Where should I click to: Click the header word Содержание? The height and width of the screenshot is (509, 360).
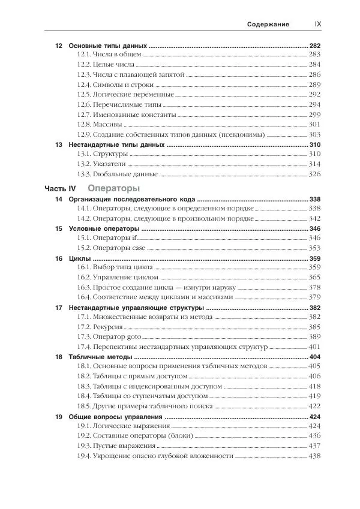tap(268, 25)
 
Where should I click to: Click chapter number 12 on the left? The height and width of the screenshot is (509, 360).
tap(58, 46)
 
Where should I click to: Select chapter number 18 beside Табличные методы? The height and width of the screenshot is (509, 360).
tap(58, 357)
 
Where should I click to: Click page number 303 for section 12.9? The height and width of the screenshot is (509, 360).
tap(314, 134)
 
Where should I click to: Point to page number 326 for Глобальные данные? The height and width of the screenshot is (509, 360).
tap(314, 174)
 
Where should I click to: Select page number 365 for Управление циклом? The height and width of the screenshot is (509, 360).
tap(314, 278)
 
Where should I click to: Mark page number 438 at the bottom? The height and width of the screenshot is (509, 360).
tap(314, 456)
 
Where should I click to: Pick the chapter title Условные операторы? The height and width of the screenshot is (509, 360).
tap(104, 228)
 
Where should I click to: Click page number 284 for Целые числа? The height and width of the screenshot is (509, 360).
tap(314, 65)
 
